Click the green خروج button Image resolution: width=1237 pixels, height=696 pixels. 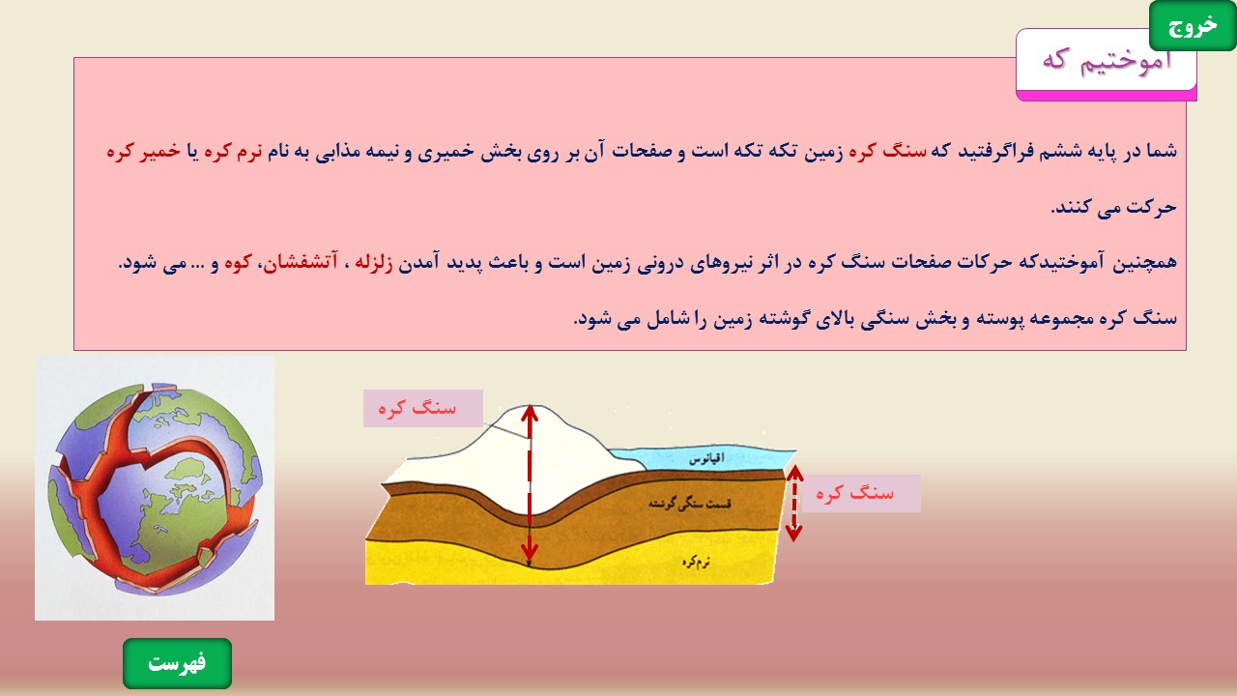click(x=1192, y=26)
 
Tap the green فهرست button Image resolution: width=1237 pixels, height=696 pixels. click(x=177, y=663)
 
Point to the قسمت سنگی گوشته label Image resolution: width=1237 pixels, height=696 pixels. click(x=690, y=504)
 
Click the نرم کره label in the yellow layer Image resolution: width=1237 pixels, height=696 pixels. click(x=696, y=562)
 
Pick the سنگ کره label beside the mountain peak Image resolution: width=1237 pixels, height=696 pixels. click(x=417, y=408)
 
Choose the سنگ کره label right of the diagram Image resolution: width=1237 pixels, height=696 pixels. click(x=855, y=493)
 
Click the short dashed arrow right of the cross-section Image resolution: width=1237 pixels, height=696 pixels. click(x=793, y=503)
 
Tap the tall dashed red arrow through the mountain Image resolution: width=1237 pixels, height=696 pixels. click(x=529, y=485)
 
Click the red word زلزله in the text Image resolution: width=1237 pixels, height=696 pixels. click(x=373, y=263)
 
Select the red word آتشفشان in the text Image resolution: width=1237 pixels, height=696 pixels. click(x=300, y=262)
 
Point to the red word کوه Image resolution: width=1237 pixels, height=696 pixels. click(x=238, y=262)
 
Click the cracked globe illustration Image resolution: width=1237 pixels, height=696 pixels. click(x=155, y=488)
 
